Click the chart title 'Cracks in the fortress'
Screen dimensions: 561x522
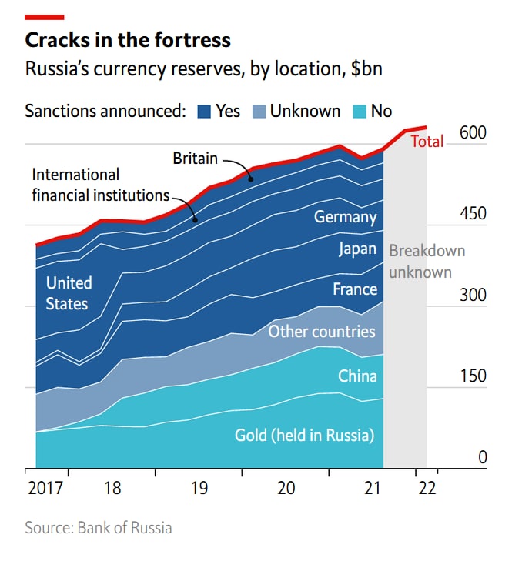click(x=128, y=40)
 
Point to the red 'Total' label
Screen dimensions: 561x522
click(x=427, y=142)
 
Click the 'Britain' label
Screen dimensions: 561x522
click(x=195, y=159)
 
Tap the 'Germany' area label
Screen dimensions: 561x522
click(x=345, y=217)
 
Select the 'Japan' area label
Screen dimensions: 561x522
click(x=357, y=249)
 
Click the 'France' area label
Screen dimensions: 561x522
click(x=355, y=289)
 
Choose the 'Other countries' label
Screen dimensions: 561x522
click(x=321, y=332)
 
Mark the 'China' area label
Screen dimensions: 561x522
click(x=357, y=376)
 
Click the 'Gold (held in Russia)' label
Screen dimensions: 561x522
click(x=304, y=436)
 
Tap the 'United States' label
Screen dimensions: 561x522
click(x=68, y=293)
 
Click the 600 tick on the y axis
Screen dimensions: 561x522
click(x=473, y=132)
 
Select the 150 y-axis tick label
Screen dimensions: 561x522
click(x=473, y=376)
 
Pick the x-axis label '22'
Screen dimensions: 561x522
click(x=427, y=488)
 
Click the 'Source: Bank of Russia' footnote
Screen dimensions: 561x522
click(x=99, y=528)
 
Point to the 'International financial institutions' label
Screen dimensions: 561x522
click(x=100, y=185)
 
